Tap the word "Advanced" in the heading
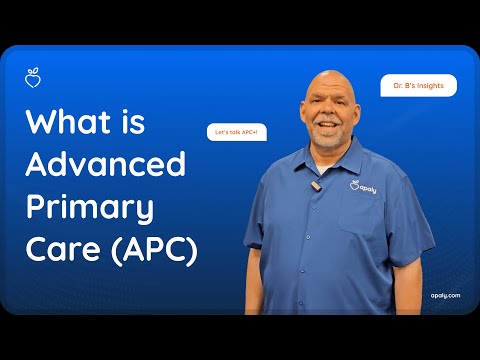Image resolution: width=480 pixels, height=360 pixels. (105, 164)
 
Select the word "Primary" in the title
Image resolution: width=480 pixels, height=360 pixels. (90, 208)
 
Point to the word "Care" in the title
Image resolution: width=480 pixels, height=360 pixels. (58, 249)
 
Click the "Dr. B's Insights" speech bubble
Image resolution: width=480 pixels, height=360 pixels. (418, 86)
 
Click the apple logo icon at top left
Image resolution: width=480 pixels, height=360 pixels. (32, 76)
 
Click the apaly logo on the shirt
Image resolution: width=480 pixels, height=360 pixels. (364, 186)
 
